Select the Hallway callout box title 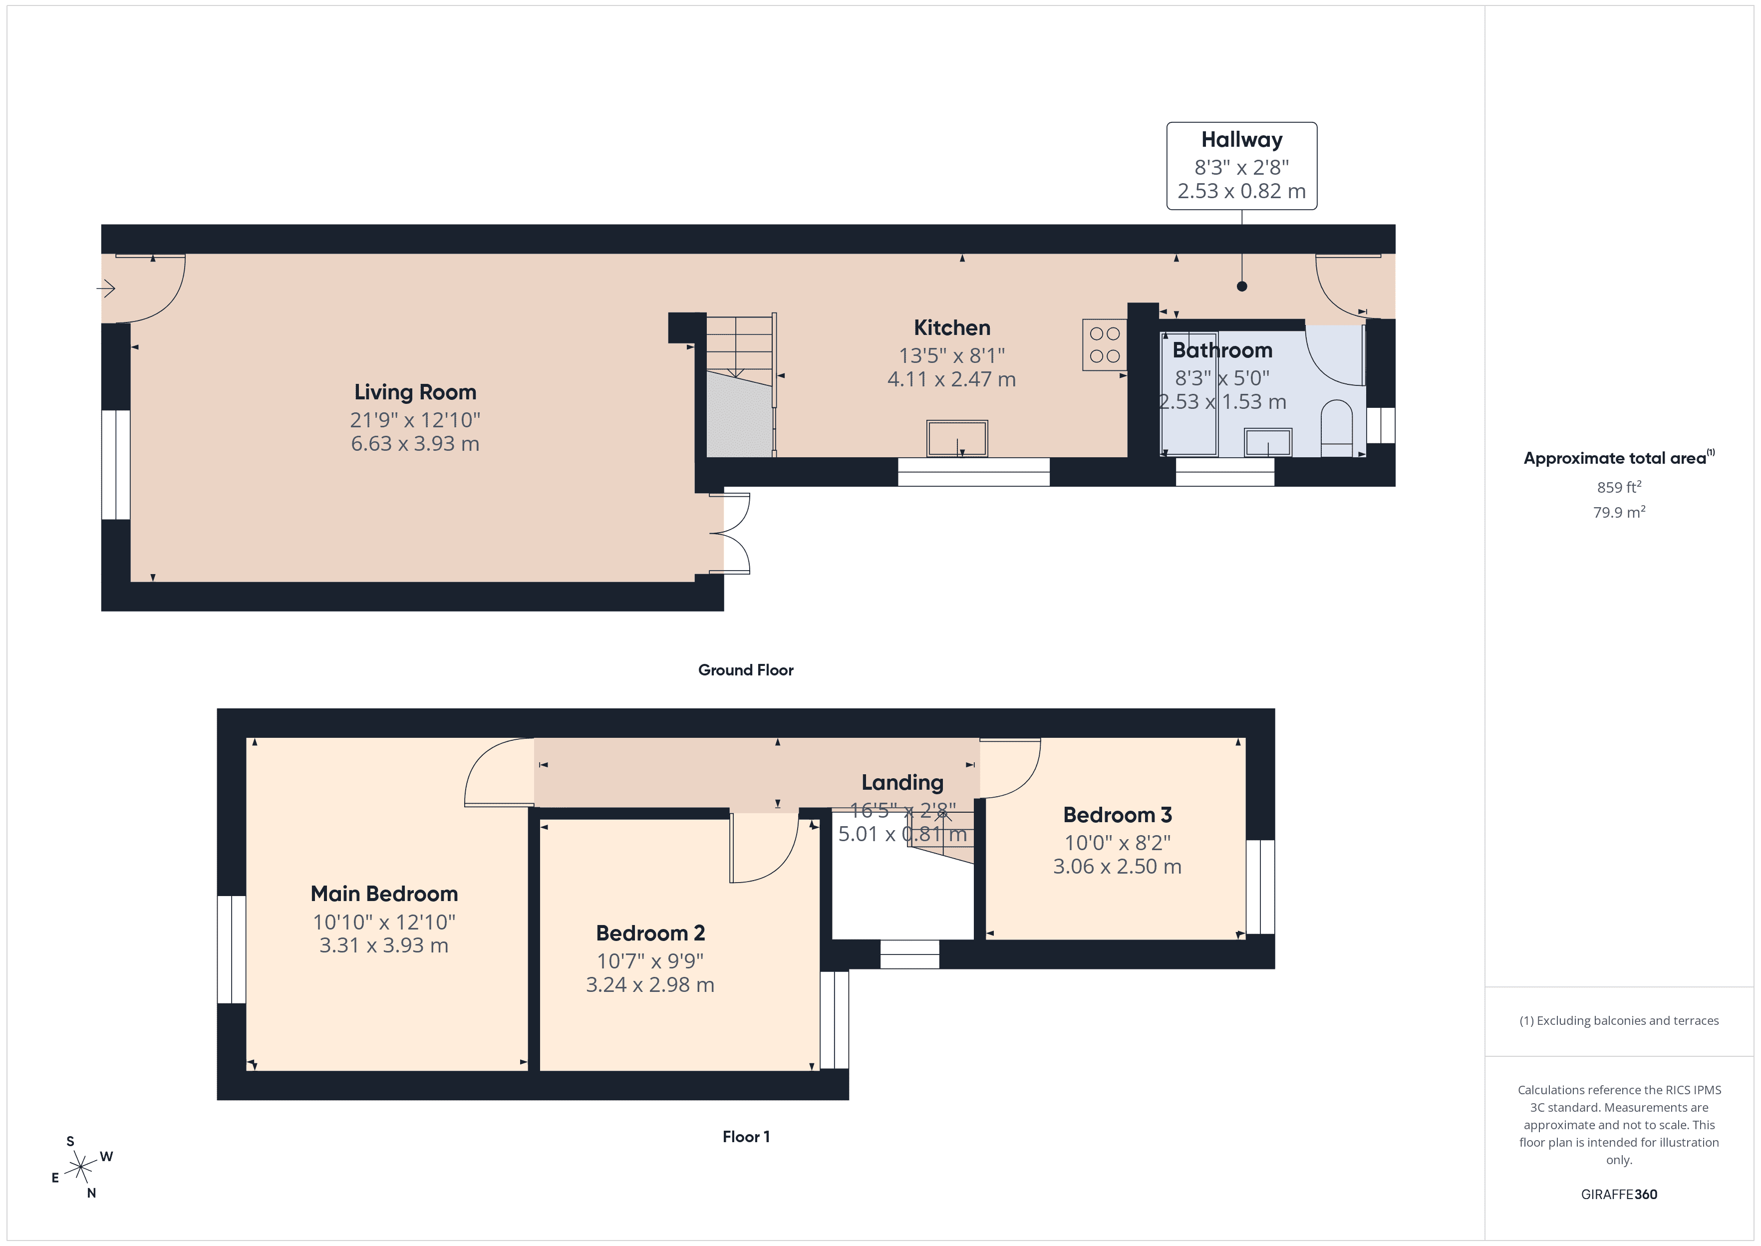tap(1241, 140)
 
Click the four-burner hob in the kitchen tap(1105, 344)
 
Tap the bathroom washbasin tap(1268, 443)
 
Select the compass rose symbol tap(80, 1168)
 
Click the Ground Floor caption tap(746, 670)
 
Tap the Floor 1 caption tap(746, 1136)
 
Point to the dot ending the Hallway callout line tap(1242, 286)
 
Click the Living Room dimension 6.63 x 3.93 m tap(415, 443)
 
